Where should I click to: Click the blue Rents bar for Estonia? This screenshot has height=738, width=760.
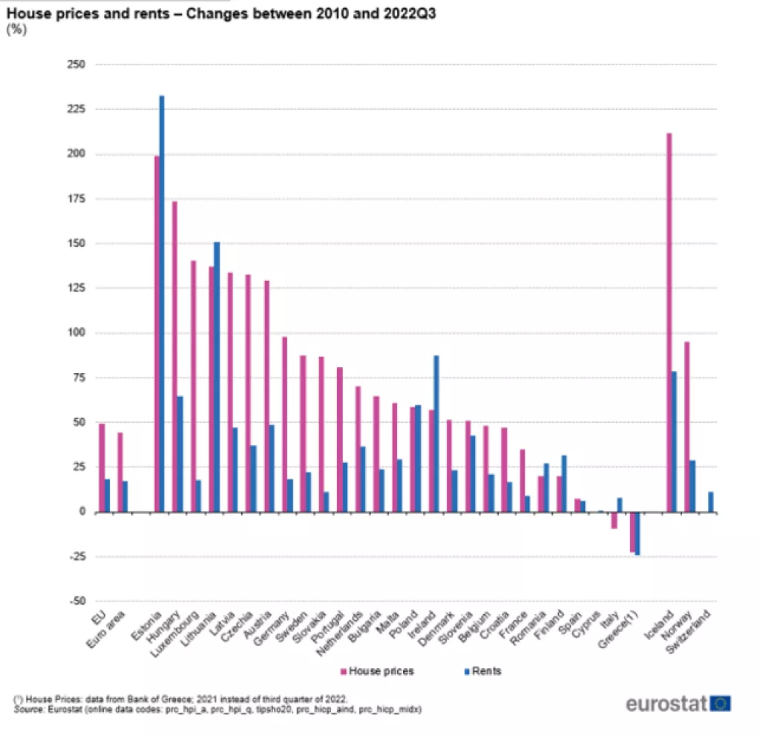click(162, 303)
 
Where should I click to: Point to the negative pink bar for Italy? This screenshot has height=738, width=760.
click(614, 520)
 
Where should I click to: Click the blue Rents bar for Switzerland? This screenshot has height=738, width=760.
click(710, 502)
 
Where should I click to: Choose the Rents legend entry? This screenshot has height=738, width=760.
click(486, 671)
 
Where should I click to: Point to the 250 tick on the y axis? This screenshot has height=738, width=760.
click(77, 65)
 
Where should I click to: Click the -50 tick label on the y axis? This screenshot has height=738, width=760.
click(77, 602)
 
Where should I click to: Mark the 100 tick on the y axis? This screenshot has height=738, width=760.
click(77, 333)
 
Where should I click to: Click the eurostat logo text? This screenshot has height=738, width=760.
click(666, 703)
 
